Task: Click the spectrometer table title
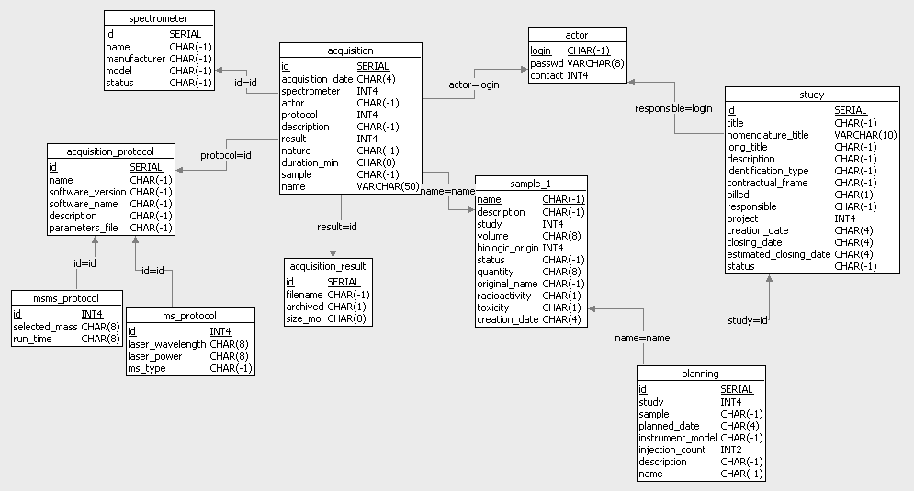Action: tap(159, 17)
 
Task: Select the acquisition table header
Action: tap(350, 50)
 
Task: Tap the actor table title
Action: tap(577, 35)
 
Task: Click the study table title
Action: tap(811, 94)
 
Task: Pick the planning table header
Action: tap(700, 374)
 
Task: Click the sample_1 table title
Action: tap(530, 183)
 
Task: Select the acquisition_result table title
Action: tap(327, 266)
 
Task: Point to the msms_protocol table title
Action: tap(66, 297)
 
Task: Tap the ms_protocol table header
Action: tap(189, 316)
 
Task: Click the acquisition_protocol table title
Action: tap(110, 151)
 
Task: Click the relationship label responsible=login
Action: tap(673, 108)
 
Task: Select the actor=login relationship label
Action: tap(474, 84)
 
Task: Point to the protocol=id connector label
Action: tap(226, 154)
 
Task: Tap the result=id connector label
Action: tap(337, 226)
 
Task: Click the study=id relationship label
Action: tap(747, 320)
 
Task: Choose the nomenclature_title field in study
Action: tap(767, 135)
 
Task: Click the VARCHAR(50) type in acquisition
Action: tap(388, 186)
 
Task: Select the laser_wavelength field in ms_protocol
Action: tap(167, 345)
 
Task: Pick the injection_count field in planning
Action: tap(672, 450)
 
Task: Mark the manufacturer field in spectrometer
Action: tap(135, 59)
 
